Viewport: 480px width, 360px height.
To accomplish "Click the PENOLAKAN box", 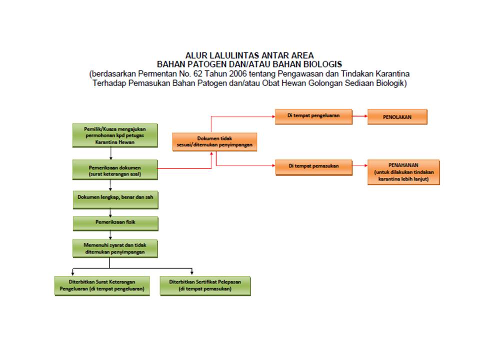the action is (397, 117).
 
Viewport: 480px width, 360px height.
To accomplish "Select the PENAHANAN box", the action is (403, 172).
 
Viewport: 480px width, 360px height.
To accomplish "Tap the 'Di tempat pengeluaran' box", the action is (314, 116).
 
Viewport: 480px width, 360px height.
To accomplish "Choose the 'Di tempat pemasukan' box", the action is (314, 167).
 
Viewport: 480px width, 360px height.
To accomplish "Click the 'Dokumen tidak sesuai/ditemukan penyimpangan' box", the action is (214, 141).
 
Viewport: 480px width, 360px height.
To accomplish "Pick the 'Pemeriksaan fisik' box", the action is (115, 223).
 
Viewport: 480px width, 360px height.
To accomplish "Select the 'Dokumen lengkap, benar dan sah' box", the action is (115, 200).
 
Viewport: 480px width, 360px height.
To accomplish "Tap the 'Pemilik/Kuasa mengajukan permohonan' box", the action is (115, 135).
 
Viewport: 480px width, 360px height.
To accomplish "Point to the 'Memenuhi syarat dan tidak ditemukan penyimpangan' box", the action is (115, 248).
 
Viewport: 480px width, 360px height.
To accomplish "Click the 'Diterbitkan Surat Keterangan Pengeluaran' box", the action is (102, 286).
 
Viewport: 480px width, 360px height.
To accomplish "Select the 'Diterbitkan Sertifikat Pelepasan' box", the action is (205, 286).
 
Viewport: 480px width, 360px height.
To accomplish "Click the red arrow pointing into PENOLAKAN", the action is (360, 116).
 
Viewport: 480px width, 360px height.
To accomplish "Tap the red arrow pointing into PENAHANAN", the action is (360, 165).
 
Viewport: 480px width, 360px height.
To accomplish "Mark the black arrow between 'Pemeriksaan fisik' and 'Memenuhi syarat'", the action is (110, 235).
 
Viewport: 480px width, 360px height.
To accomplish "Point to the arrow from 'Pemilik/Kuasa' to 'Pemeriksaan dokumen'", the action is (111, 153).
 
